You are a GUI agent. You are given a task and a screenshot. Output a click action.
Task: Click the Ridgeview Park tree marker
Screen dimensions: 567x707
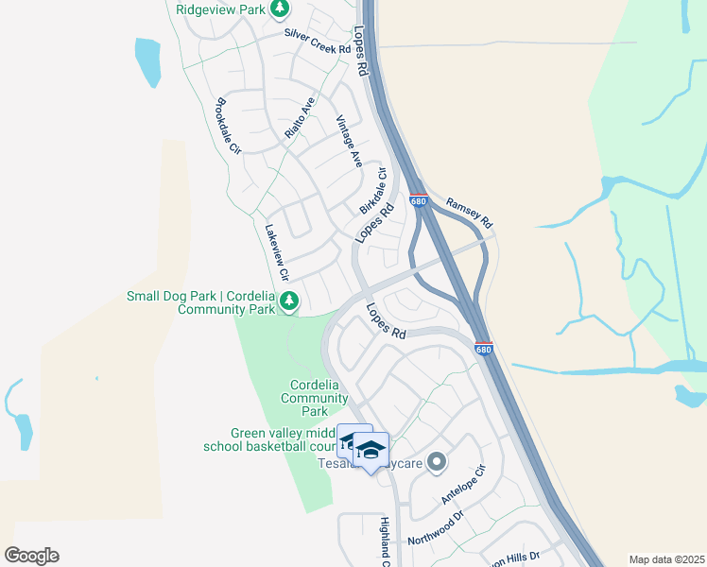[x=280, y=9]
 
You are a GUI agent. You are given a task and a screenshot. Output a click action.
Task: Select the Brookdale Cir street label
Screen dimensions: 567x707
[x=230, y=126]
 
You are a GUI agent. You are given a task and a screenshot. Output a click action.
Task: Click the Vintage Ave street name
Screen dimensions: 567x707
[x=349, y=142]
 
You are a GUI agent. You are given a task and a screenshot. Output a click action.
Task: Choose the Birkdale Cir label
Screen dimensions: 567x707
[x=374, y=191]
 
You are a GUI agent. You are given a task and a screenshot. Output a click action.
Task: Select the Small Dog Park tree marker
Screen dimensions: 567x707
[x=289, y=302]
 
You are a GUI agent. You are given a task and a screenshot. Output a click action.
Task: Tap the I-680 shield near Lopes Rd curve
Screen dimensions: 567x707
[x=483, y=349]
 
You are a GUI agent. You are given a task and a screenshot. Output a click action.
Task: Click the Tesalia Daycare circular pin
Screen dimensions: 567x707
[x=436, y=462]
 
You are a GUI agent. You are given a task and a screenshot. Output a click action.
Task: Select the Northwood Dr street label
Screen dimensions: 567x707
[x=436, y=527]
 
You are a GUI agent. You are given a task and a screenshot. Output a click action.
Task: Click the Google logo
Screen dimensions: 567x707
[x=31, y=555]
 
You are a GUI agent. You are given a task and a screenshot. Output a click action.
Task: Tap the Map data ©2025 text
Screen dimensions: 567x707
[x=666, y=559]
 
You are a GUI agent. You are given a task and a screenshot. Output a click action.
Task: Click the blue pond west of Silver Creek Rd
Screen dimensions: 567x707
[x=148, y=62]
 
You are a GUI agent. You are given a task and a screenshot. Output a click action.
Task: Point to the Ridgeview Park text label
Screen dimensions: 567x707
[x=221, y=9]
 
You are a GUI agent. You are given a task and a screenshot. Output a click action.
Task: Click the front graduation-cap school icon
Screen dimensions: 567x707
[x=371, y=449]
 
